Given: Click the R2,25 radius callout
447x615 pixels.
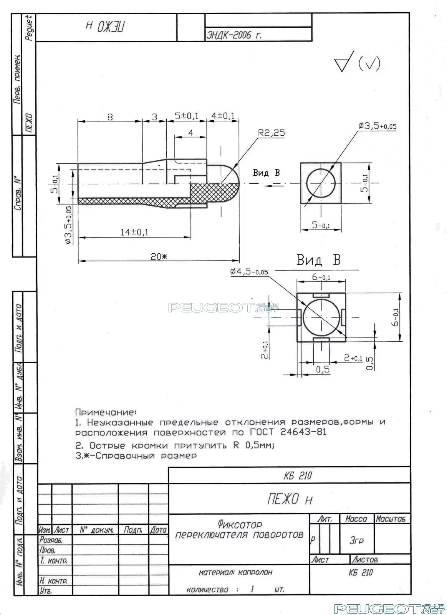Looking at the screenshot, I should click(271, 133).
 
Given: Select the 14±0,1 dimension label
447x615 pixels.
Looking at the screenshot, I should click(134, 232).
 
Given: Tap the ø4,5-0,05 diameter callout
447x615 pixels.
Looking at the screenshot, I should click(249, 272).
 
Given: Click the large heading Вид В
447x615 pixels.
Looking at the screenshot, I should click(318, 260).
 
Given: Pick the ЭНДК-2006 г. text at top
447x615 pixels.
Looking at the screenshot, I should click(234, 35).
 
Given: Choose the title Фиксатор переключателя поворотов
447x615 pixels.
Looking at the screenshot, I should click(239, 530).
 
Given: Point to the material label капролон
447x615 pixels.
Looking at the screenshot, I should click(255, 572).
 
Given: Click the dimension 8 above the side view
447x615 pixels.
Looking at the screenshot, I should click(110, 117).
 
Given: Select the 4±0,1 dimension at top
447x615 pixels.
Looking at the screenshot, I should click(223, 116).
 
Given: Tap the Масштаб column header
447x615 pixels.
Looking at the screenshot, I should click(391, 519).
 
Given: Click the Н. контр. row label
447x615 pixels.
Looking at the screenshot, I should click(53, 580).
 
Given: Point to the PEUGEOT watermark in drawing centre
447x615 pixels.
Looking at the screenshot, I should click(212, 308).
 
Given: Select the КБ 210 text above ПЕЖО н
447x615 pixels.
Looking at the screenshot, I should click(298, 476).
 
